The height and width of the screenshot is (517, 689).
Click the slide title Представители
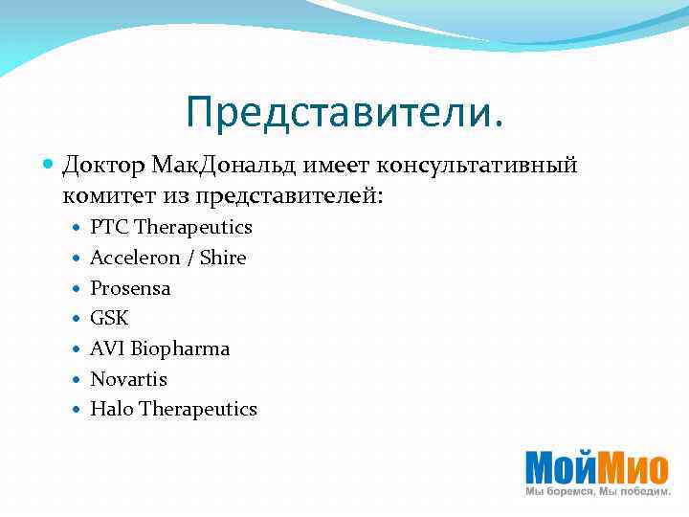tap(344, 113)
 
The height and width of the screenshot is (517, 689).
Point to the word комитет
tap(106, 195)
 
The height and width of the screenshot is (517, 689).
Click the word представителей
tap(287, 195)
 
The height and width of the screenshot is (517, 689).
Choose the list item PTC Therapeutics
tap(171, 228)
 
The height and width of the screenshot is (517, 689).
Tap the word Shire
tap(221, 258)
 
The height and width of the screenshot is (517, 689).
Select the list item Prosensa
tap(130, 288)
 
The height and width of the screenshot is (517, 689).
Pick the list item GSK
tap(109, 318)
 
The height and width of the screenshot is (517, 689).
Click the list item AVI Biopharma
tap(160, 348)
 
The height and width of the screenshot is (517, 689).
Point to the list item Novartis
tap(128, 379)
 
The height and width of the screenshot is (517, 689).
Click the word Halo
tap(111, 409)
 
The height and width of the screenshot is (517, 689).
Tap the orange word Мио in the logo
tap(636, 467)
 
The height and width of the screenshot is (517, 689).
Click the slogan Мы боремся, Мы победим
tap(597, 491)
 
